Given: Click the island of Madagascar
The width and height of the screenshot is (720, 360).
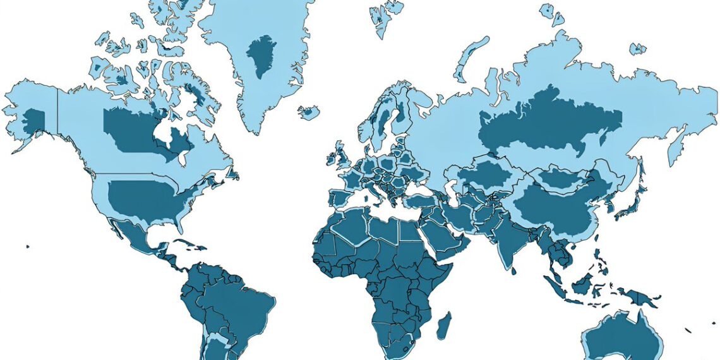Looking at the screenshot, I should click(445, 325).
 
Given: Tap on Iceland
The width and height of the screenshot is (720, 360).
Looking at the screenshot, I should click(309, 112).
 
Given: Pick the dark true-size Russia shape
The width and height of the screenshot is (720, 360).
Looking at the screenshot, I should click(549, 123).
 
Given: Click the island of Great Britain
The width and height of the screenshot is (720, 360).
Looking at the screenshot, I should click(342, 155).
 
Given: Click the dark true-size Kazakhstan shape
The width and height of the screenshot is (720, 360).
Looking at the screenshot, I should click(483, 177).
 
